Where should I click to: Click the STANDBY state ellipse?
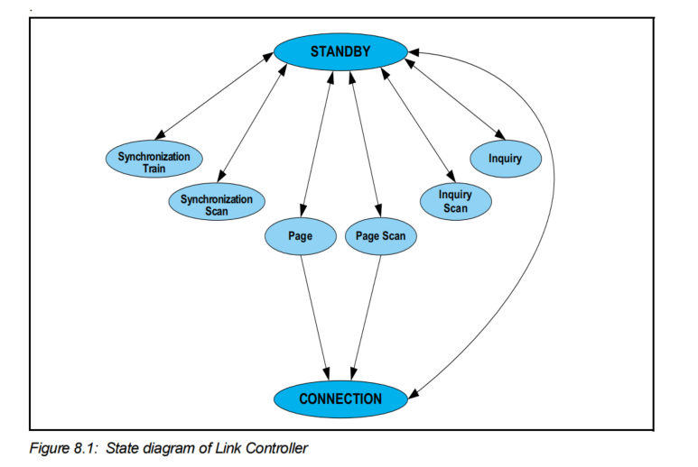(340, 52)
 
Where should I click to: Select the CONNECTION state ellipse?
(340, 398)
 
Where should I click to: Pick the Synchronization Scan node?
(216, 205)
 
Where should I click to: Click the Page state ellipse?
(300, 236)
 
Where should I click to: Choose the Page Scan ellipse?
(380, 236)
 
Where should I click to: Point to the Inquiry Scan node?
(456, 200)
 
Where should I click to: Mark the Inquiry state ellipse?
(505, 159)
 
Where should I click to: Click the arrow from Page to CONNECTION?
(314, 316)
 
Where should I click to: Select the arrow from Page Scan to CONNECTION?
(367, 316)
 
